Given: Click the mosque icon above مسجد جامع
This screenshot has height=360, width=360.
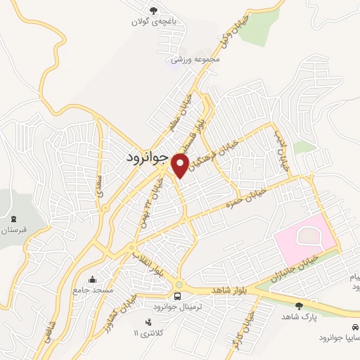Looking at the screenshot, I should click(x=91, y=278).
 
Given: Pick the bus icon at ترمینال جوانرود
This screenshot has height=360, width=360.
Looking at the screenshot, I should click(x=178, y=296).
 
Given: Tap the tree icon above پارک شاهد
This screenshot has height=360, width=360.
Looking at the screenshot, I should click(x=300, y=306).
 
